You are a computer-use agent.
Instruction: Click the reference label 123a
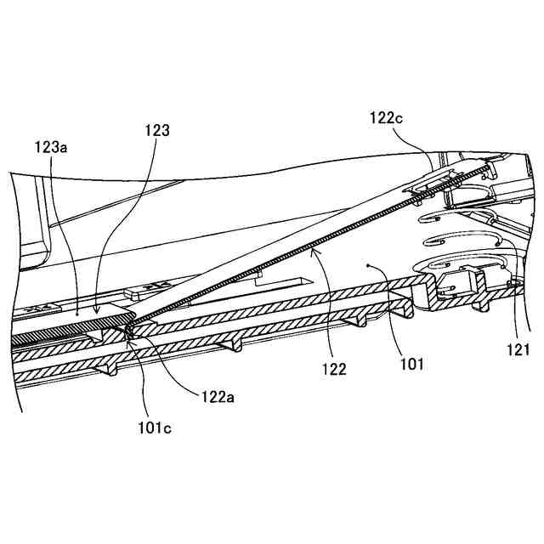pos(51,147)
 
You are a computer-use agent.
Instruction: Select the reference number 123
pos(157,131)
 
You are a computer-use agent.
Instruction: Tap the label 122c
pos(387,117)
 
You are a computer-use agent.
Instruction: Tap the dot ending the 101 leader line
pos(367,265)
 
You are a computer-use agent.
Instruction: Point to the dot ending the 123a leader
pos(77,314)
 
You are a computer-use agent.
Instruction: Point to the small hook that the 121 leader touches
pos(513,282)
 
